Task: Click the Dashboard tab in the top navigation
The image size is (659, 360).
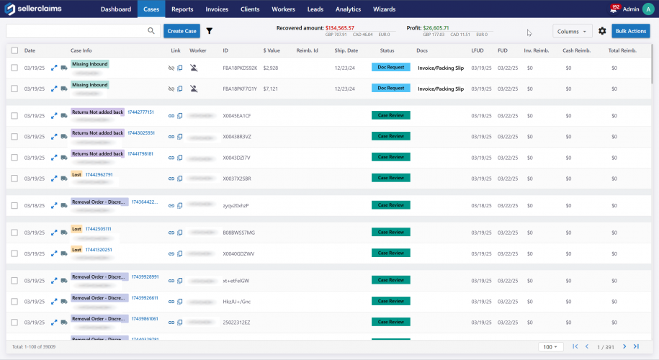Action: [x=116, y=9]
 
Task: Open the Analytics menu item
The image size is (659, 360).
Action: [x=348, y=9]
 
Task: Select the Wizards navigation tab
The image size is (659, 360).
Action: [x=384, y=9]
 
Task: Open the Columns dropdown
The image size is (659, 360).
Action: [x=573, y=31]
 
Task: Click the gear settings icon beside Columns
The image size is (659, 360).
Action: [x=602, y=31]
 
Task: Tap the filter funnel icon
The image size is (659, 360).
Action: [x=210, y=31]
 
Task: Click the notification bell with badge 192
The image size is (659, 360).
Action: [x=613, y=9]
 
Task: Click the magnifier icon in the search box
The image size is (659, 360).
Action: [x=151, y=31]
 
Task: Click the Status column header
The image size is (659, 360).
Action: [x=387, y=50]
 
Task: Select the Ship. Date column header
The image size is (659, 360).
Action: [x=346, y=50]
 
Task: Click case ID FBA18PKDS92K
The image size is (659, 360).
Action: [x=240, y=68]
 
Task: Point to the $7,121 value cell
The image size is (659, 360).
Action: [x=271, y=89]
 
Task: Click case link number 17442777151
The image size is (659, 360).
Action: [x=140, y=112]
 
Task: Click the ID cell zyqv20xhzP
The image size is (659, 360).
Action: [x=236, y=205]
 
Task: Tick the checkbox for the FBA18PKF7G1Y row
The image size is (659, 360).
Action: [x=14, y=89]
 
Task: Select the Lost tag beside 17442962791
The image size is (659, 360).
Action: [x=76, y=175]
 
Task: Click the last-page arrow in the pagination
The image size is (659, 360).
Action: [x=636, y=347]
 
